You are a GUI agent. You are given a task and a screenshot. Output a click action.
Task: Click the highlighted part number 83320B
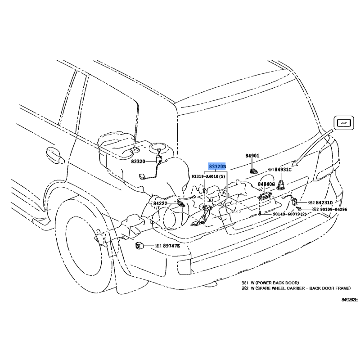pyautogui.click(x=217, y=166)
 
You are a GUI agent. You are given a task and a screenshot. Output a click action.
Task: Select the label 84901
pyautogui.click(x=252, y=156)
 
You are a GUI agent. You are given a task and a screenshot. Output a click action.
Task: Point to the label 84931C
pyautogui.click(x=283, y=170)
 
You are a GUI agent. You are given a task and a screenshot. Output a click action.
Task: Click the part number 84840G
pyautogui.click(x=267, y=184)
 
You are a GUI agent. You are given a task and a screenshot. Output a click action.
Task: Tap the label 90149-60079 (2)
pyautogui.click(x=290, y=214)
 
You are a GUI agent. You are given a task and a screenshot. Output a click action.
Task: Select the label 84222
pyautogui.click(x=160, y=203)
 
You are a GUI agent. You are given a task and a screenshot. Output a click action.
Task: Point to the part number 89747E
pyautogui.click(x=171, y=246)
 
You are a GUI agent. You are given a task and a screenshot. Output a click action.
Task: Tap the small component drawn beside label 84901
pyautogui.click(x=252, y=170)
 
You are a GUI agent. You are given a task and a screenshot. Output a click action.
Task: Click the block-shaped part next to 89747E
pyautogui.click(x=139, y=246)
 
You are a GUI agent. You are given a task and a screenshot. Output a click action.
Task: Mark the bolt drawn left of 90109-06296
pyautogui.click(x=299, y=209)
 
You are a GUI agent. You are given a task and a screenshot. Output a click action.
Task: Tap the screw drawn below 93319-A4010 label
pyautogui.click(x=204, y=191)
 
